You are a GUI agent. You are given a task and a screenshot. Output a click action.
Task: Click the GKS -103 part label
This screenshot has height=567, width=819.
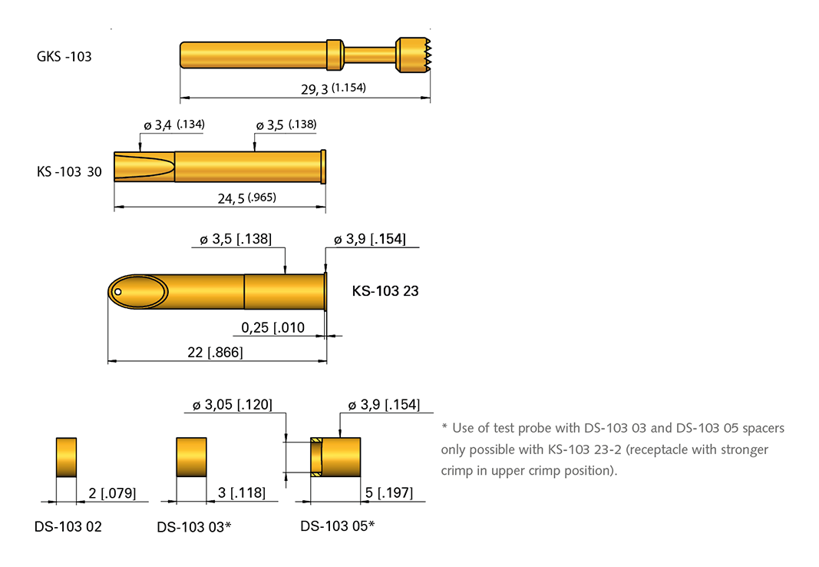64,56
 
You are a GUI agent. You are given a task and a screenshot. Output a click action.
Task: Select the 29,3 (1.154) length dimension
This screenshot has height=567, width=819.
333,88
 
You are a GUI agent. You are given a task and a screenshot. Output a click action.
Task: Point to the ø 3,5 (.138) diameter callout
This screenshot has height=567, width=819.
286,124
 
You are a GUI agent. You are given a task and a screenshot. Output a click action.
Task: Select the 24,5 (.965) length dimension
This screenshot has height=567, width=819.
246,198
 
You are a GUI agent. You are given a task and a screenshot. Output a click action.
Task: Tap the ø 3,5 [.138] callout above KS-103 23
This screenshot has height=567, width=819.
236,239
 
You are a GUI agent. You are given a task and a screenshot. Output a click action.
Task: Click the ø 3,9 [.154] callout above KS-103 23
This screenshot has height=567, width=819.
370,239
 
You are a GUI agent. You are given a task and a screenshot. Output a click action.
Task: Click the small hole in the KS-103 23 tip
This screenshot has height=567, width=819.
118,291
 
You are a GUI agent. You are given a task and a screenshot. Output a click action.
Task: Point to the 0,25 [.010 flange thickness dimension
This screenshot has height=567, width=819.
273,328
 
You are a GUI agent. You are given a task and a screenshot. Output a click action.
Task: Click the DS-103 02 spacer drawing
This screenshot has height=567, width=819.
67,457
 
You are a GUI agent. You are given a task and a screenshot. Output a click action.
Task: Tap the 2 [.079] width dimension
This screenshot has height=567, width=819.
107,492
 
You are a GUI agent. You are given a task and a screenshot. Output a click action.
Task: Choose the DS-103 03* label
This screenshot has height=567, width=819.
194,527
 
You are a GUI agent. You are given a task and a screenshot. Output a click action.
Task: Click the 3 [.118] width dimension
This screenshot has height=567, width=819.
242,492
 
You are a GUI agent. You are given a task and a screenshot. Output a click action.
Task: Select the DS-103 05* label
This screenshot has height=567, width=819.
337,526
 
